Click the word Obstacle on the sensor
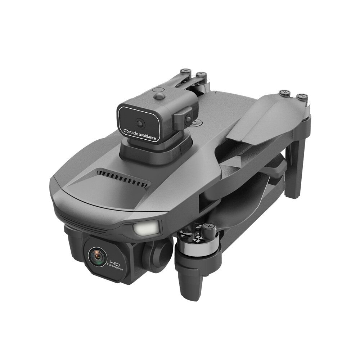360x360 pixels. [131, 132]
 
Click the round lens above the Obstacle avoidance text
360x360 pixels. [140, 123]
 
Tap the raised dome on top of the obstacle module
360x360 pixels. [159, 96]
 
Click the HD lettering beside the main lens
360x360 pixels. [115, 262]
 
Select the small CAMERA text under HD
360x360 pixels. [115, 268]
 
